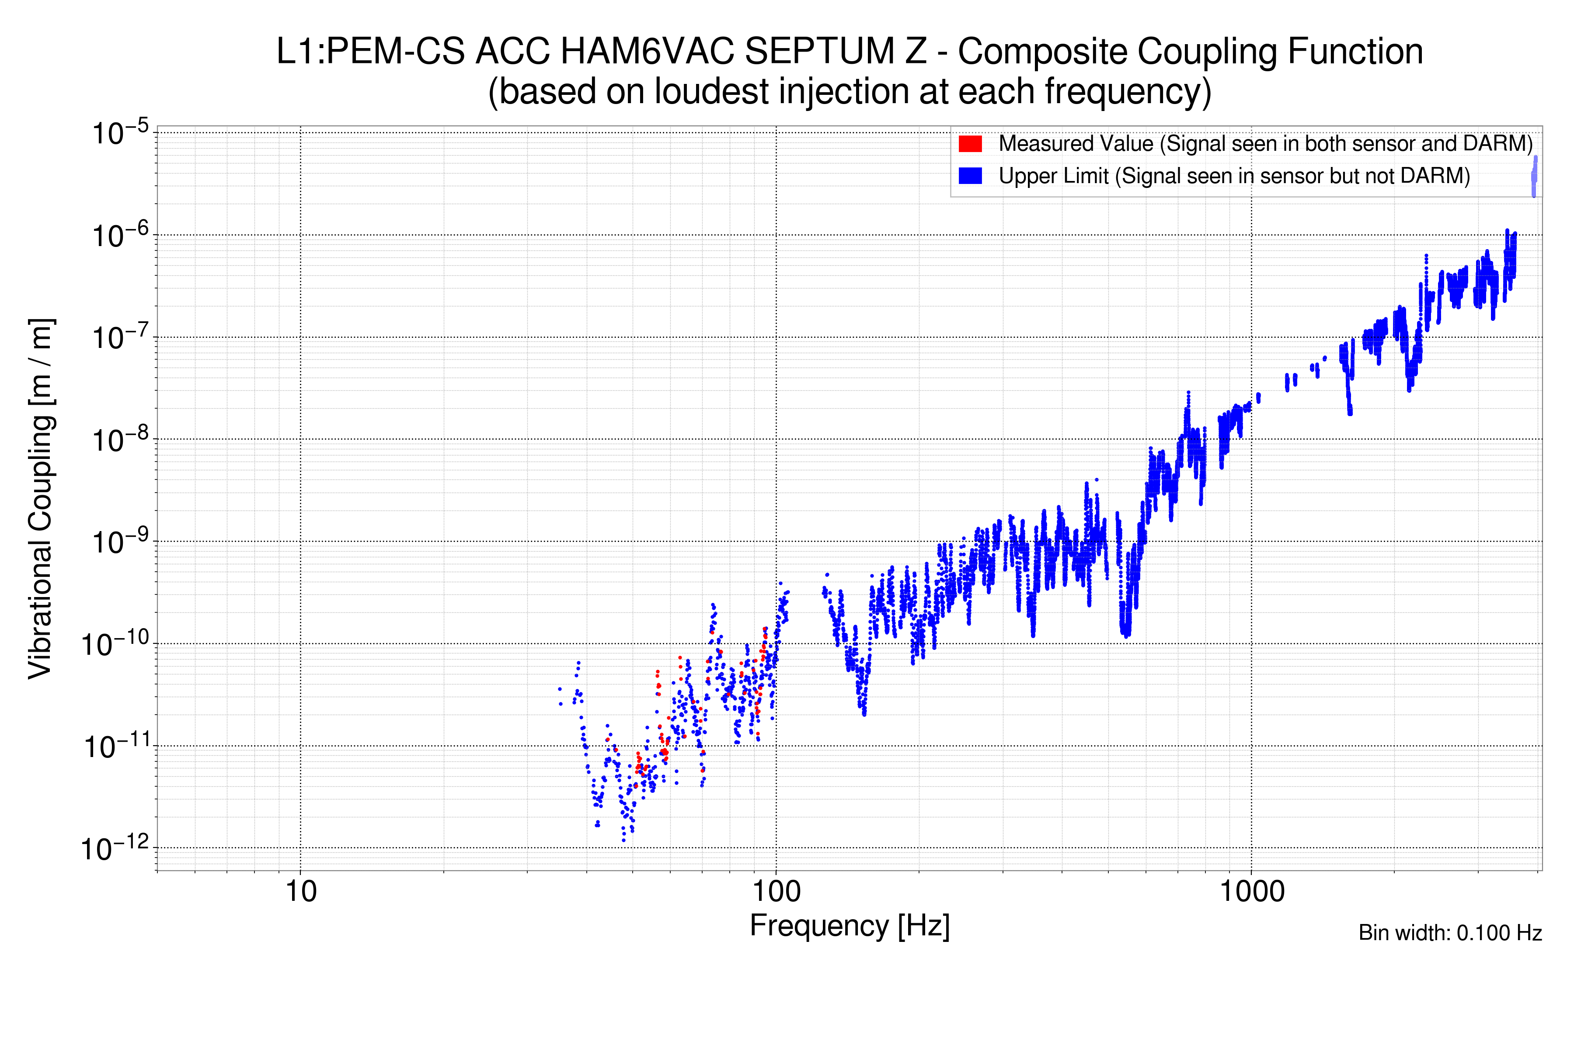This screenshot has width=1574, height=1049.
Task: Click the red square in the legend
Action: tap(970, 143)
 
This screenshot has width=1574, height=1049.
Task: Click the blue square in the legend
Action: tap(970, 175)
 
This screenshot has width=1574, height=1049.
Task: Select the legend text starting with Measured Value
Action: tap(1265, 143)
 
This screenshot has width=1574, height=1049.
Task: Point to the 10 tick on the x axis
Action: tap(300, 891)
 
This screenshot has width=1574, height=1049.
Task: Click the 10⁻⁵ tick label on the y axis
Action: tap(121, 132)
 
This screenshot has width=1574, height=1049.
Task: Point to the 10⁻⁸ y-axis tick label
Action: tap(121, 440)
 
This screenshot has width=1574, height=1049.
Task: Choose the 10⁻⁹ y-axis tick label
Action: tap(121, 542)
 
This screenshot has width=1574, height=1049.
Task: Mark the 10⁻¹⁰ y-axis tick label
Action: tap(115, 644)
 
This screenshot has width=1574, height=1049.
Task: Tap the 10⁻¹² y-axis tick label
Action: tap(115, 848)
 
